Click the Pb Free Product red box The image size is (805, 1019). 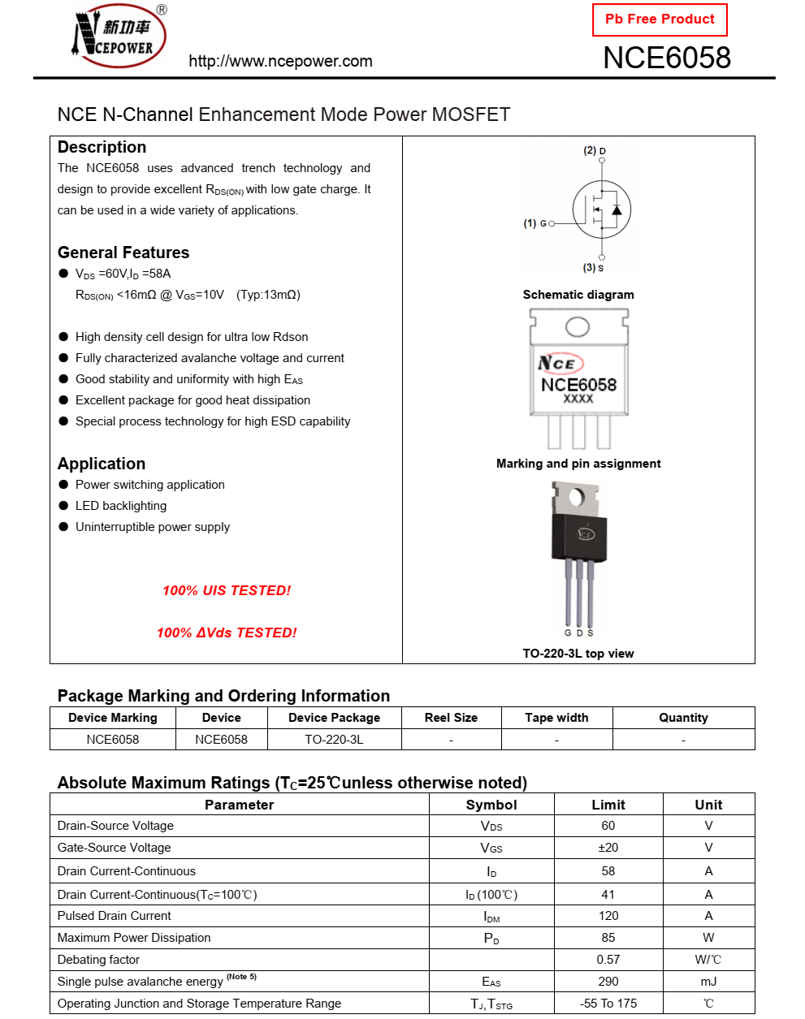pos(660,19)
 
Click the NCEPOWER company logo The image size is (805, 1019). pos(119,37)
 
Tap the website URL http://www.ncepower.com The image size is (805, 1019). pos(280,61)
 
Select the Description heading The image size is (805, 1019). pos(102,147)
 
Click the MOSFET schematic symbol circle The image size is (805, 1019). pos(601,209)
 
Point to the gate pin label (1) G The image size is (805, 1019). pos(537,223)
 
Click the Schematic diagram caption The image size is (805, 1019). pos(578,295)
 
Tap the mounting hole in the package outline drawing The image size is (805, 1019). pos(578,326)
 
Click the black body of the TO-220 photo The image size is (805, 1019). pos(579,536)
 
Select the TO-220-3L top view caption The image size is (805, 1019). pos(578,654)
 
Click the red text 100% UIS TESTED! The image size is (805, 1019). pos(227,590)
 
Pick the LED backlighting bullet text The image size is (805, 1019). pos(121,506)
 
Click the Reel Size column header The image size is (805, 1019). pos(451,718)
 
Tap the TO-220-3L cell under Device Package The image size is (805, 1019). pos(334,740)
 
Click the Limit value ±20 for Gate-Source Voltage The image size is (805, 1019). pos(608,848)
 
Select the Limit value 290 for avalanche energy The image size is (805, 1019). pos(608,982)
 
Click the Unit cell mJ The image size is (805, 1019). pos(708,982)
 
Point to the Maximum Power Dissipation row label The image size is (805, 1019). pos(134,938)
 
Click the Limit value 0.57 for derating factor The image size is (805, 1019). pos(608,960)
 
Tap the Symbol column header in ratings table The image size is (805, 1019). pos(491,805)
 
